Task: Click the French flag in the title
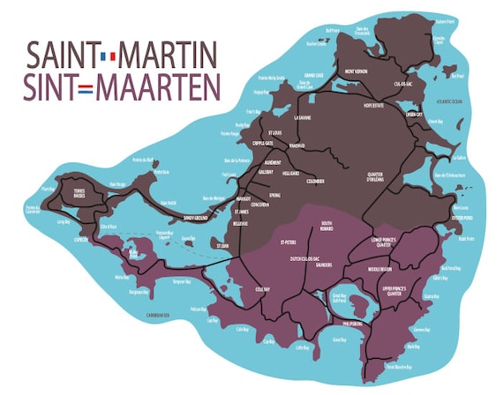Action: pyautogui.click(x=109, y=57)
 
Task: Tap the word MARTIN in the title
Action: pyautogui.click(x=168, y=56)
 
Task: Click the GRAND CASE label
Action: pyautogui.click(x=314, y=76)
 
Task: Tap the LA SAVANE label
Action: pyautogui.click(x=303, y=117)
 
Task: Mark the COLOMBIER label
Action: pyautogui.click(x=315, y=181)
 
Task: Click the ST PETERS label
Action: pyautogui.click(x=289, y=242)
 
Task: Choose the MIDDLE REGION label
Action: pyautogui.click(x=379, y=269)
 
